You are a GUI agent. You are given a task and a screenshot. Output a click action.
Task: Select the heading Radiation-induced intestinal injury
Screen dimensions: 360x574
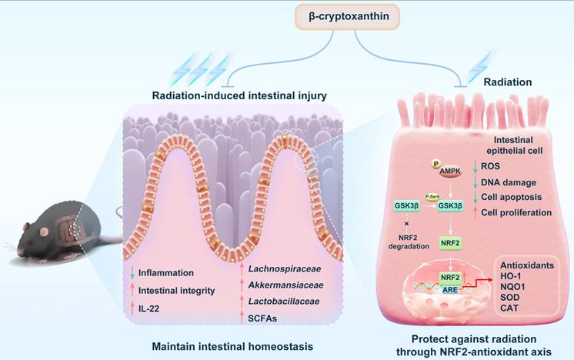pos(219,95)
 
